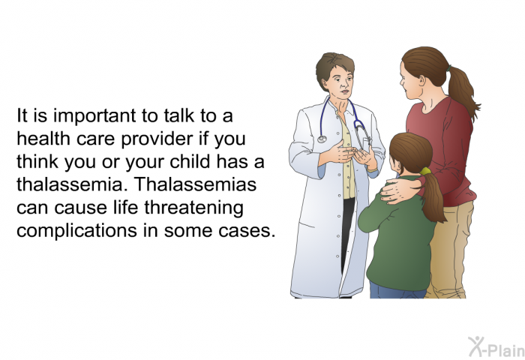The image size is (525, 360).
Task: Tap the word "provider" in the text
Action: point(157,139)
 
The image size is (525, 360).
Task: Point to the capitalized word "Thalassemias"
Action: point(196,184)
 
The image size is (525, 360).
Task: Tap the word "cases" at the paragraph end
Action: point(247,231)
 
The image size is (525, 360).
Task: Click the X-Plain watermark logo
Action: point(496,347)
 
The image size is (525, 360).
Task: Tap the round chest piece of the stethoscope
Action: point(322,139)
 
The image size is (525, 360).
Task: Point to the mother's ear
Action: point(421,80)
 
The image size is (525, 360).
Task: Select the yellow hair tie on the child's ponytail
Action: point(425,171)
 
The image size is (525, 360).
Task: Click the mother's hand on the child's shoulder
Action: point(398,190)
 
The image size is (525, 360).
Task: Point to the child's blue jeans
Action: point(397,290)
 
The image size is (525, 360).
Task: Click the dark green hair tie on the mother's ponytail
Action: point(449,68)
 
